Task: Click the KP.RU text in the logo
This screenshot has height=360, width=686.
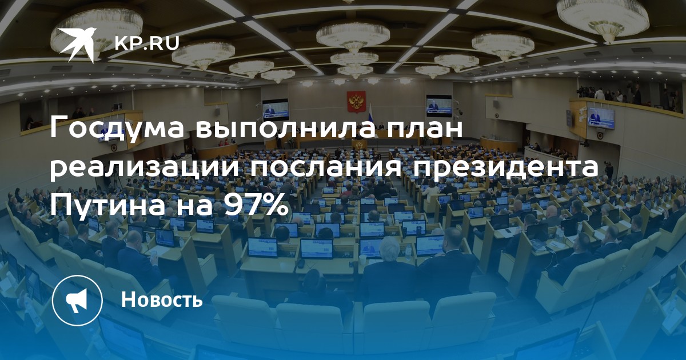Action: [x=147, y=43]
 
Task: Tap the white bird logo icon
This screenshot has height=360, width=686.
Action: [x=78, y=44]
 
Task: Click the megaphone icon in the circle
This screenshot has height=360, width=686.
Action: [x=77, y=300]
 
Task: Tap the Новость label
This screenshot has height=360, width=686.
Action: [x=162, y=299]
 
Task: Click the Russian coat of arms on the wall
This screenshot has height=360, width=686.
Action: [x=356, y=102]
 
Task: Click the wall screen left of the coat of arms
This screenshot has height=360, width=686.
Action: [x=276, y=109]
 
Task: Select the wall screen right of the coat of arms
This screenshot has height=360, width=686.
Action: [x=439, y=106]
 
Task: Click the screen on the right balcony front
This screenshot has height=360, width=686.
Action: [x=601, y=118]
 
